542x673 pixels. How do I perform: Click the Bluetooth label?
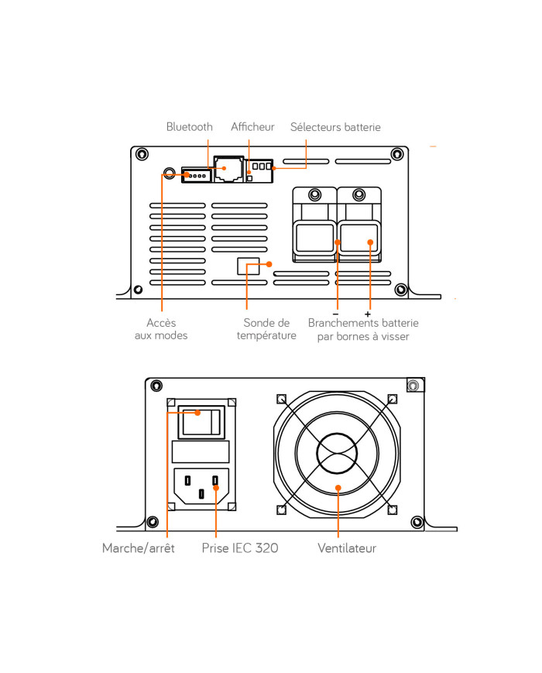[x=189, y=127]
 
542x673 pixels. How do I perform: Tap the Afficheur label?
[x=252, y=127]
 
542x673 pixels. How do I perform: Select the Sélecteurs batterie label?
[x=335, y=127]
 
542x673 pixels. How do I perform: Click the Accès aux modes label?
[x=161, y=329]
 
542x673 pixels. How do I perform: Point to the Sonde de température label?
[x=266, y=329]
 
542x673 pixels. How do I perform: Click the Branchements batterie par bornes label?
[x=362, y=329]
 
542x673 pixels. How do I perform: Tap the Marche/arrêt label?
[x=139, y=548]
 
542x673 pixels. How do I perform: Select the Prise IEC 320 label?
[x=239, y=548]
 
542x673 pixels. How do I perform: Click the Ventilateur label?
[x=347, y=548]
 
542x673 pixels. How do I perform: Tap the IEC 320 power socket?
[x=201, y=488]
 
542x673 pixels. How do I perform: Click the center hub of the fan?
[x=338, y=452]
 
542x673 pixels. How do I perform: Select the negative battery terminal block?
[x=315, y=238]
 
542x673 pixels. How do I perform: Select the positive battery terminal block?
[x=359, y=238]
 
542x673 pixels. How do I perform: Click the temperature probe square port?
[x=248, y=266]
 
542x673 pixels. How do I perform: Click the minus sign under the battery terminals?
[x=335, y=314]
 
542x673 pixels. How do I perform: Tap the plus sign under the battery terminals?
[x=367, y=314]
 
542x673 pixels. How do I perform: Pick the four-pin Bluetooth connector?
[x=197, y=175]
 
